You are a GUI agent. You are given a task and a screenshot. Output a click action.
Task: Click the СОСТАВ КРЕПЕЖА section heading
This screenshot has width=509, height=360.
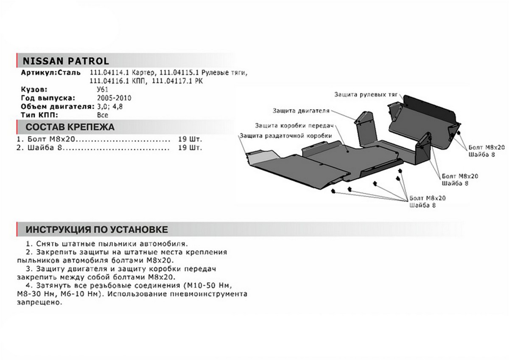(70, 127)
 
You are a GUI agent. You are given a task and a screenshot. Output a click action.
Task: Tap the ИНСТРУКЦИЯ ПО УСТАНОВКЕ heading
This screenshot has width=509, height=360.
(97, 230)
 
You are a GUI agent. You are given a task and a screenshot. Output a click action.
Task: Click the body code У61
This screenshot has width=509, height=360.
(103, 90)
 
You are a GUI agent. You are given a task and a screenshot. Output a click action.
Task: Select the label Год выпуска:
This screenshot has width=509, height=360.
(48, 98)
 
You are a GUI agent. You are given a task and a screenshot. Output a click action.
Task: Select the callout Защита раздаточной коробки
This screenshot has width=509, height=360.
(285, 135)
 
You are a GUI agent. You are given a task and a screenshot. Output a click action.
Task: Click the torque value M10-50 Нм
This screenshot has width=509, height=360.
(210, 285)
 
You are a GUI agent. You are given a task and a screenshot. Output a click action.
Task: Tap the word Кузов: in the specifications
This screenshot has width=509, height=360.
(34, 90)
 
